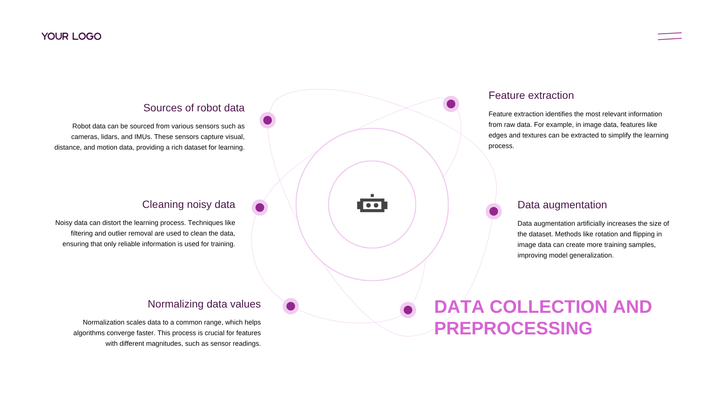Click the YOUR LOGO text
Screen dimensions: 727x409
pyautogui.click(x=71, y=36)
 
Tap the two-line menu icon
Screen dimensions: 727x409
pyautogui.click(x=669, y=36)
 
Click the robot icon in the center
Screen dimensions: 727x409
pyautogui.click(x=372, y=203)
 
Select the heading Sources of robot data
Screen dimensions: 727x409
pyautogui.click(x=194, y=108)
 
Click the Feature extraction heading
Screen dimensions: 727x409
pyautogui.click(x=531, y=95)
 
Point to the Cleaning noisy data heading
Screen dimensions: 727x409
pyautogui.click(x=189, y=204)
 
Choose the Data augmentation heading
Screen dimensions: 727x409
pyautogui.click(x=562, y=205)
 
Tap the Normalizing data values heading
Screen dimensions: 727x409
pyautogui.click(x=204, y=304)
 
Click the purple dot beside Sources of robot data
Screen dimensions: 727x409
pyautogui.click(x=268, y=120)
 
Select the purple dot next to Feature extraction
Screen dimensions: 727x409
pyautogui.click(x=451, y=104)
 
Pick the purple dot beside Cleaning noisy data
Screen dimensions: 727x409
pyautogui.click(x=260, y=208)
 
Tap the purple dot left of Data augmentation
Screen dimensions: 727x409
pyautogui.click(x=494, y=211)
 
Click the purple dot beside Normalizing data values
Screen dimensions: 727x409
pyautogui.click(x=291, y=306)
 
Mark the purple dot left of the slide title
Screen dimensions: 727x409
pyautogui.click(x=408, y=310)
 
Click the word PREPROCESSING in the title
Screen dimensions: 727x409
pyautogui.click(x=513, y=328)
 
